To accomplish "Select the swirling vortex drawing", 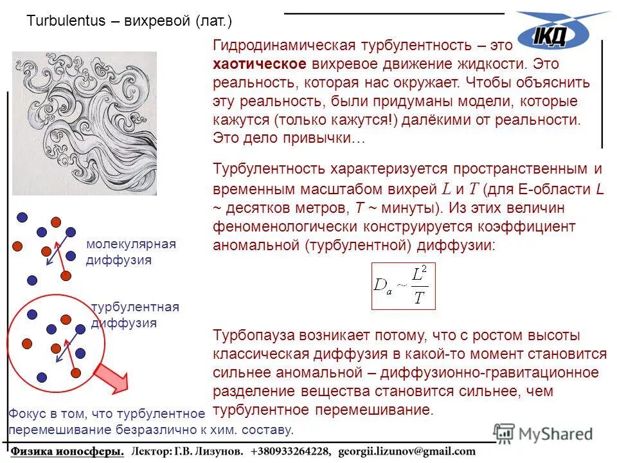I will (84, 123).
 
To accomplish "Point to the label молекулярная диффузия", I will (130, 252).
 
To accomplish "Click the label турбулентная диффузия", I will (134, 315).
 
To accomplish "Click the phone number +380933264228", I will (294, 451).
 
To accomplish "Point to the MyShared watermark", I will (544, 434).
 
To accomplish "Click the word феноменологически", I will (281, 227).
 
